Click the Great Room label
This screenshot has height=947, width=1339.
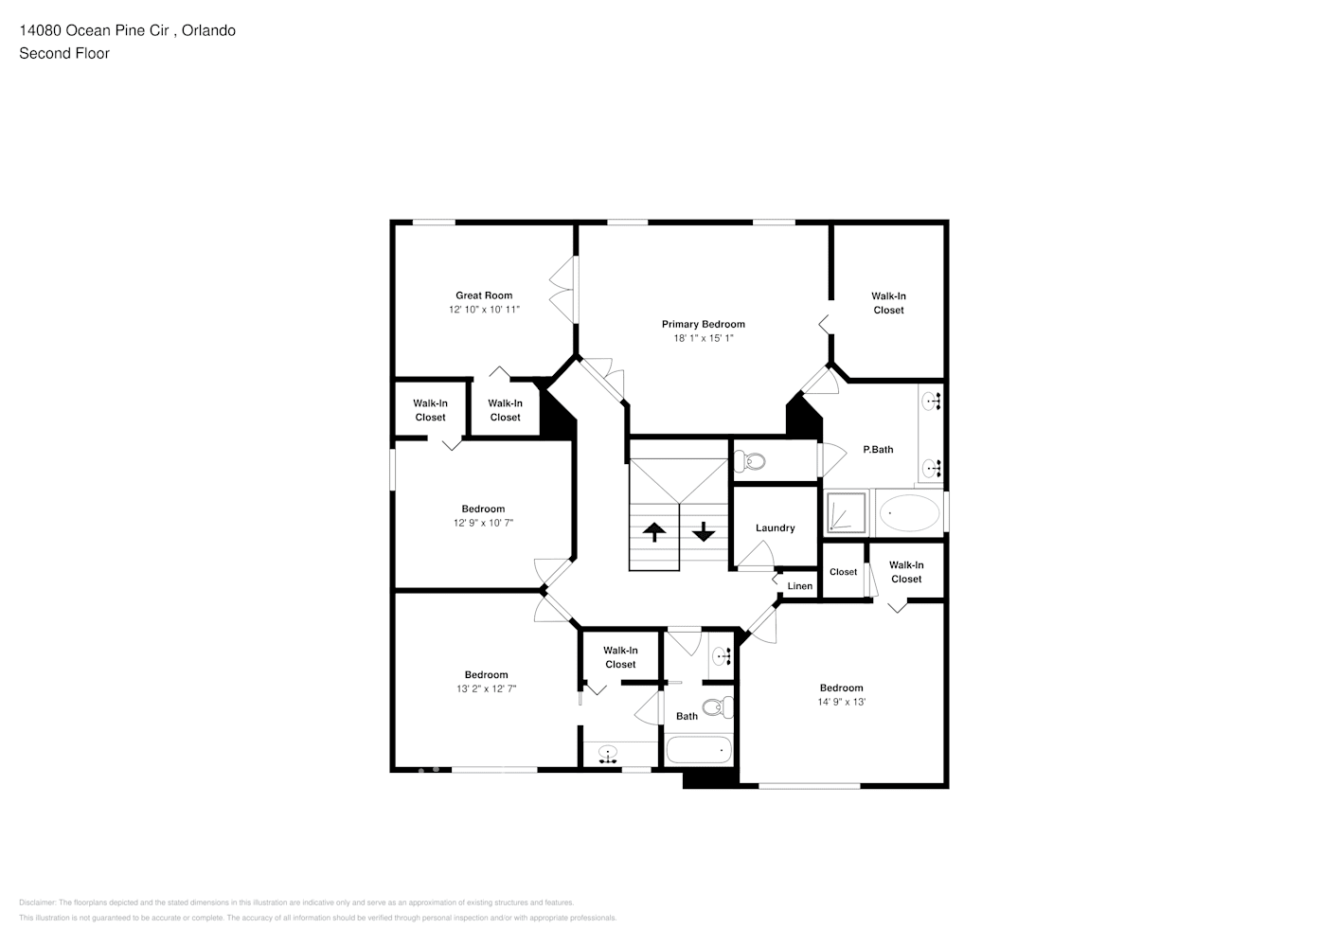(x=484, y=295)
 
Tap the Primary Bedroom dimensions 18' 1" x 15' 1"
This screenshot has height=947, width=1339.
(x=703, y=338)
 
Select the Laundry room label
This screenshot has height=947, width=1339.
(x=775, y=528)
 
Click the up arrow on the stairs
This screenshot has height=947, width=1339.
(x=654, y=531)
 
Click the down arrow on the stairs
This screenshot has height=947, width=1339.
(x=703, y=531)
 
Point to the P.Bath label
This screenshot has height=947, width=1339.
(x=877, y=450)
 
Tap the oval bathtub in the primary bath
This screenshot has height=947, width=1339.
(x=909, y=514)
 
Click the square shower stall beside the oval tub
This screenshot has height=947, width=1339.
(x=846, y=514)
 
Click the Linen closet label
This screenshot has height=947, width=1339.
(x=799, y=586)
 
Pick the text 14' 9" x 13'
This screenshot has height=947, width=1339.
(x=841, y=702)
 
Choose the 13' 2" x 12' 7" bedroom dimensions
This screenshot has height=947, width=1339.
(x=486, y=689)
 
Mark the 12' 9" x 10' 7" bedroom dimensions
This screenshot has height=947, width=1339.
(x=483, y=523)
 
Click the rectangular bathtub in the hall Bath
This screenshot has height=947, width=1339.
(x=699, y=750)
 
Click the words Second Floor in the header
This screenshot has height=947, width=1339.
(x=64, y=53)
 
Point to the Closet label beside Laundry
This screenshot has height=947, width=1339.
(x=843, y=572)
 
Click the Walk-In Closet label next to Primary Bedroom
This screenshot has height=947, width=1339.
(x=888, y=303)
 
